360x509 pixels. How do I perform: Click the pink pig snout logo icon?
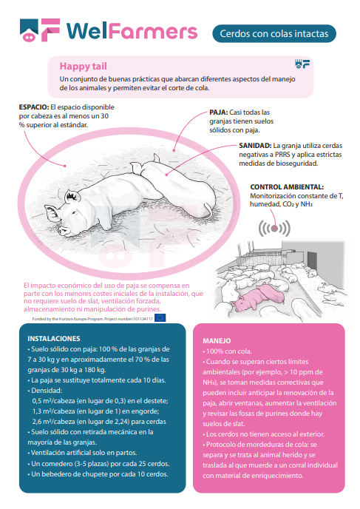[x=29, y=37]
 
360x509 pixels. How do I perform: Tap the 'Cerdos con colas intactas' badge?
[x=274, y=33]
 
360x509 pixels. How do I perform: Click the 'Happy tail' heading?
[x=83, y=67]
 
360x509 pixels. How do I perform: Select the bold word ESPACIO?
[x=34, y=107]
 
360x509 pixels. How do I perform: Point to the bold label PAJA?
[x=219, y=112]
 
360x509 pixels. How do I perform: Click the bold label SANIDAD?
[x=255, y=146]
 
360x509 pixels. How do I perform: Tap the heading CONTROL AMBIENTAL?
[x=287, y=187]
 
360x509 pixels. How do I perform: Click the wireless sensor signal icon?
[x=274, y=229]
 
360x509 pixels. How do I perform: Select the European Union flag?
[x=160, y=318]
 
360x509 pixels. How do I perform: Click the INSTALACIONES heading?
[x=54, y=339]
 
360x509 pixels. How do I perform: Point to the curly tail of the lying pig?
[x=209, y=210]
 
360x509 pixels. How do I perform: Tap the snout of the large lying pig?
[x=64, y=231]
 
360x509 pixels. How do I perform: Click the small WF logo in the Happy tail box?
[x=302, y=64]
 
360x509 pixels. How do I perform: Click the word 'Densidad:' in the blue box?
[x=47, y=391]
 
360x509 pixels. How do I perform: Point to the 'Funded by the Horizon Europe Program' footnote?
[x=92, y=319]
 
